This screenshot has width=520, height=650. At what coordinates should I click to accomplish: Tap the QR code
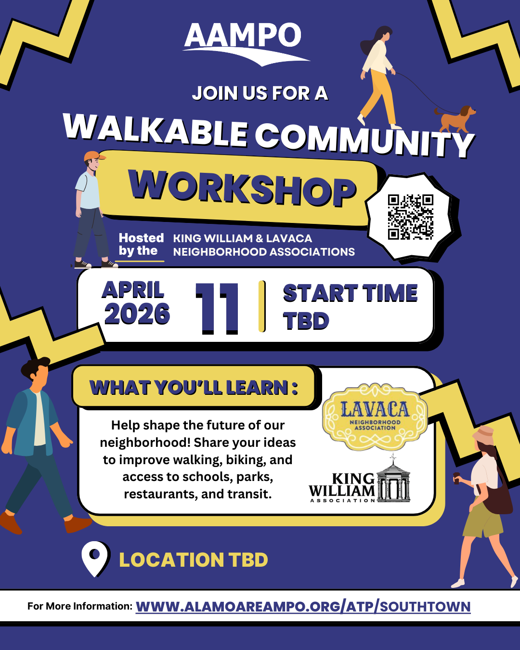click(411, 217)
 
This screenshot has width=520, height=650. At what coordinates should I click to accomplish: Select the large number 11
click(217, 308)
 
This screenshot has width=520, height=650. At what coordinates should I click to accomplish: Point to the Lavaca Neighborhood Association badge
click(375, 416)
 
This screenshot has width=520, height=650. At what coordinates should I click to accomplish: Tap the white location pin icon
click(95, 558)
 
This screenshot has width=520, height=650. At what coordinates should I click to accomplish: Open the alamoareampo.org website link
click(303, 606)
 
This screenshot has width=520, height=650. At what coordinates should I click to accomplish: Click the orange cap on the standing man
click(94, 156)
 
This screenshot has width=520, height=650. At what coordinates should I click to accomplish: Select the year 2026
click(137, 314)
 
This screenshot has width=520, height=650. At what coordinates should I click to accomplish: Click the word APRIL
click(133, 290)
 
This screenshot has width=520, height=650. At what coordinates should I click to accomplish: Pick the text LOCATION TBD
click(194, 560)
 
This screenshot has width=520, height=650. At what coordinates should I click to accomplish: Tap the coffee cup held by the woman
click(456, 478)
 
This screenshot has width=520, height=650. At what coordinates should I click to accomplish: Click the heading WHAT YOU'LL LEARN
click(194, 388)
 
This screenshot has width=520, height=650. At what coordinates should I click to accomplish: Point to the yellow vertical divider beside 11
click(262, 306)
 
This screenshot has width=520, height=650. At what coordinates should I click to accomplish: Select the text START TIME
click(350, 293)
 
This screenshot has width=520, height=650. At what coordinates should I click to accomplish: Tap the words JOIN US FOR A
click(260, 93)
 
